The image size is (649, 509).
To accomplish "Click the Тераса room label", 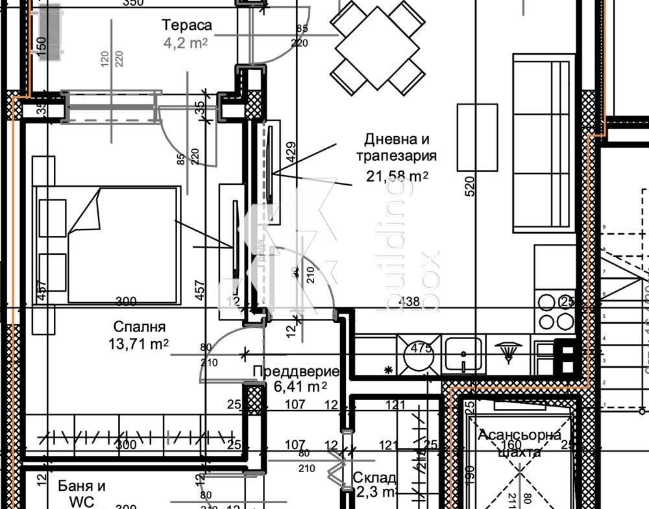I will pos(187,25).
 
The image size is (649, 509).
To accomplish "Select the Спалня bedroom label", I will pos(139,327).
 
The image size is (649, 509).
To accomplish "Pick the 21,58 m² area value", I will pos(397,176).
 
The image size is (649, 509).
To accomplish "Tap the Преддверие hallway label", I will pos(296,372).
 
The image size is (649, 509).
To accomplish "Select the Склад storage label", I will pos(374,478).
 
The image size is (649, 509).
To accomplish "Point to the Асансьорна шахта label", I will pos(519,444).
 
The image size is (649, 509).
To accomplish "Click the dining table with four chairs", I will pos(377,47).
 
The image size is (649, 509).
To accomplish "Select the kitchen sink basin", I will pos(463,355).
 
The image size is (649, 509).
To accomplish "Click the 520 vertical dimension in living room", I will pos(471,186).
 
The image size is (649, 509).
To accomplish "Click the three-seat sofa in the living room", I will pos(544,143).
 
